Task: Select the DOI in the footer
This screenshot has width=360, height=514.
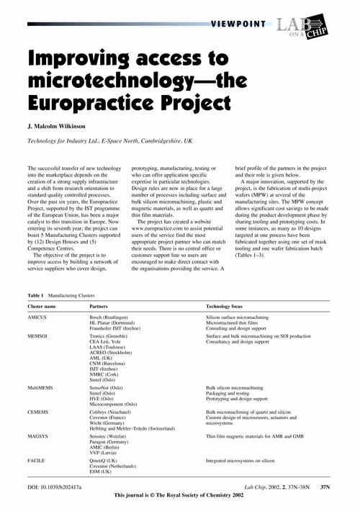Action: [55, 487]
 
